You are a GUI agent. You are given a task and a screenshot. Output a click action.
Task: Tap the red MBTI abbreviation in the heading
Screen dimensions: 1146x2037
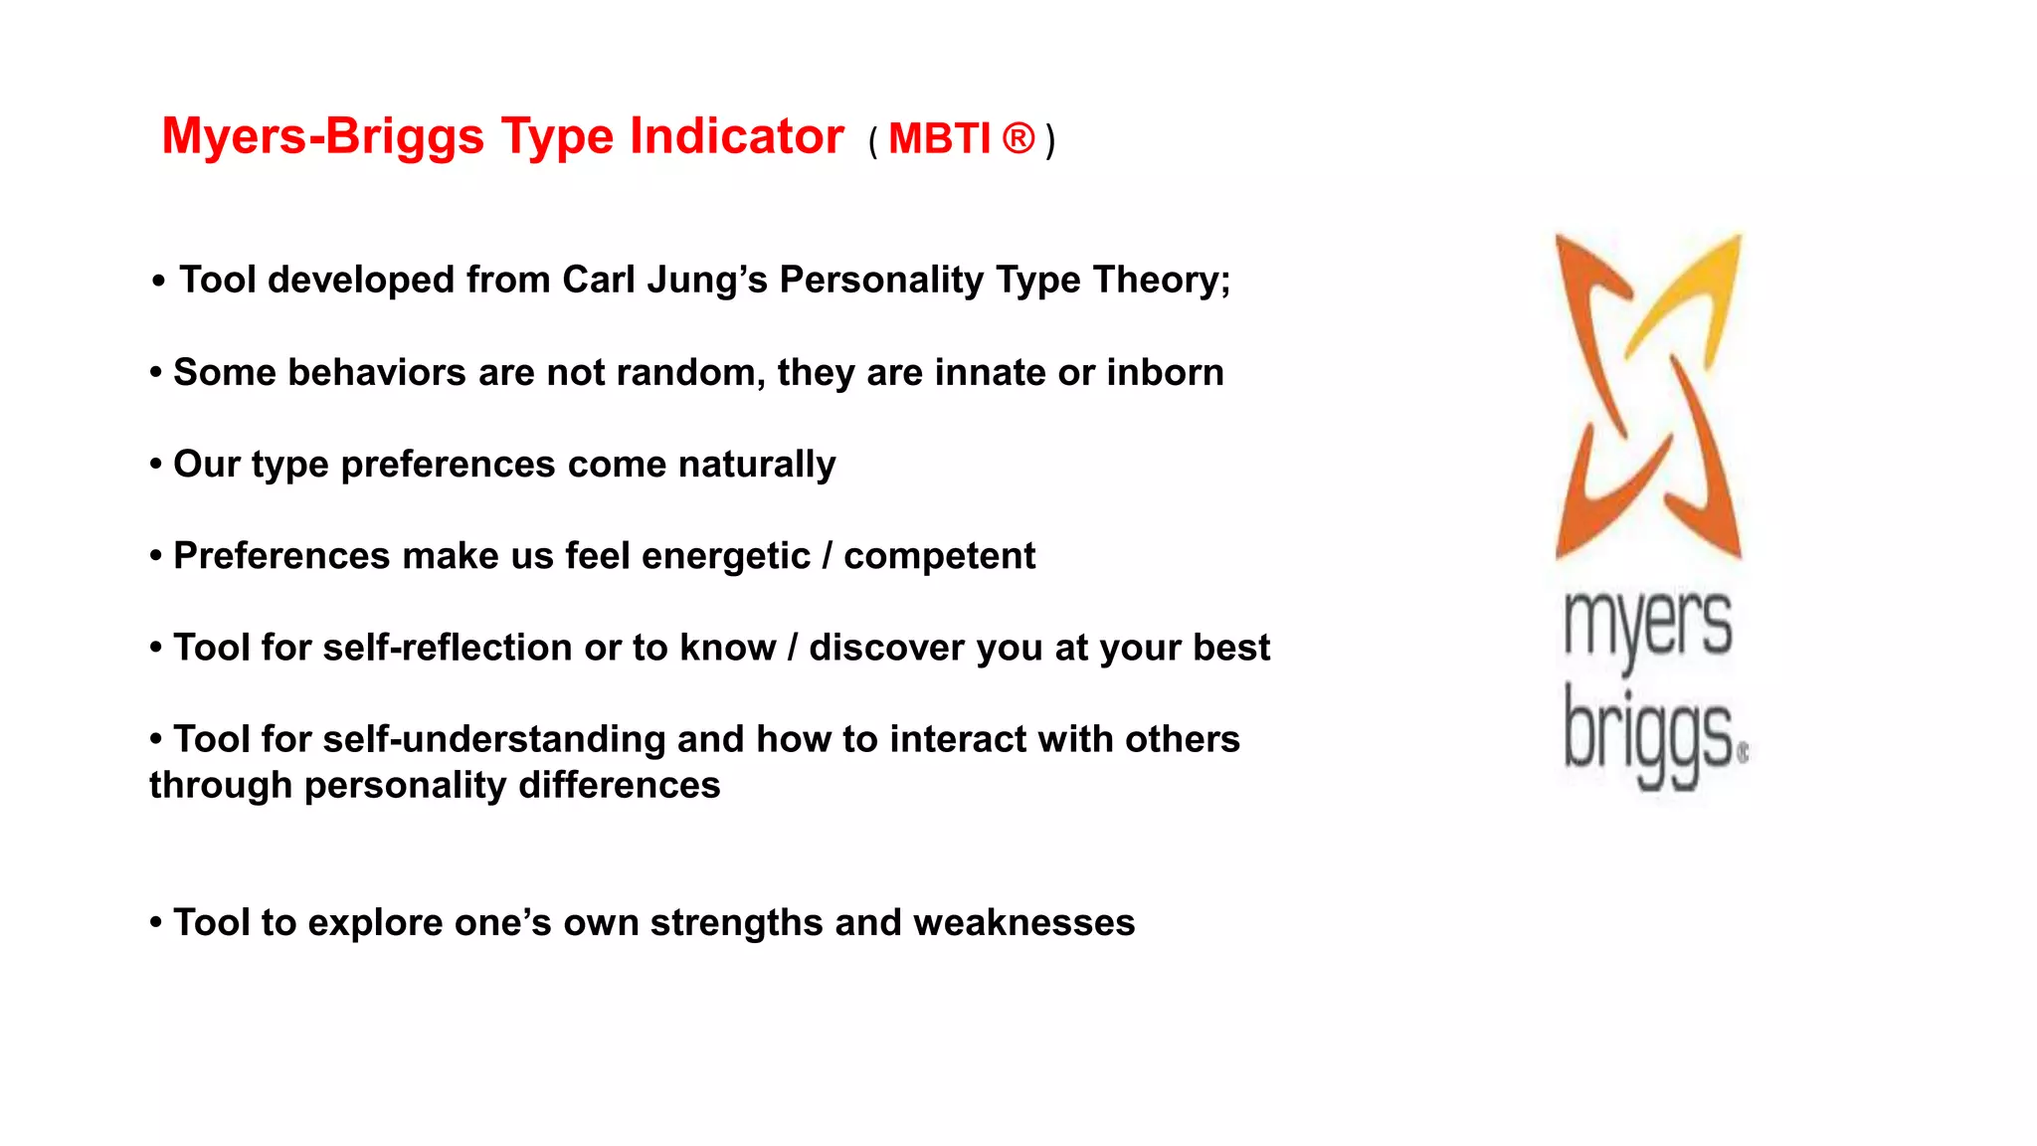[x=939, y=139]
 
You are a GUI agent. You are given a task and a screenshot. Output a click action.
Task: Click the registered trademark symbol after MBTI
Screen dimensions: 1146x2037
[x=1018, y=138]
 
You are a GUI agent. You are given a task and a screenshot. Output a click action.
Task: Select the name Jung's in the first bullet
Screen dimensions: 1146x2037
[x=707, y=280]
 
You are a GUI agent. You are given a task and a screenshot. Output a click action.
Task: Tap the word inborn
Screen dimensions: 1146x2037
[x=1165, y=372]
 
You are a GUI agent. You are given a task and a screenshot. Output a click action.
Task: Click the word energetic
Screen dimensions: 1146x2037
[x=726, y=556]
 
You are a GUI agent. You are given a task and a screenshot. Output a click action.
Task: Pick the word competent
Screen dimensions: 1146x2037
[x=939, y=556]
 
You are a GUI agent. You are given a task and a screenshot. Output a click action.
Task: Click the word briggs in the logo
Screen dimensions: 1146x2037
[x=1647, y=734]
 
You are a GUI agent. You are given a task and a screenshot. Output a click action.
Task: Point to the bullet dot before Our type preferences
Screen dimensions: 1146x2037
[x=156, y=465]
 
